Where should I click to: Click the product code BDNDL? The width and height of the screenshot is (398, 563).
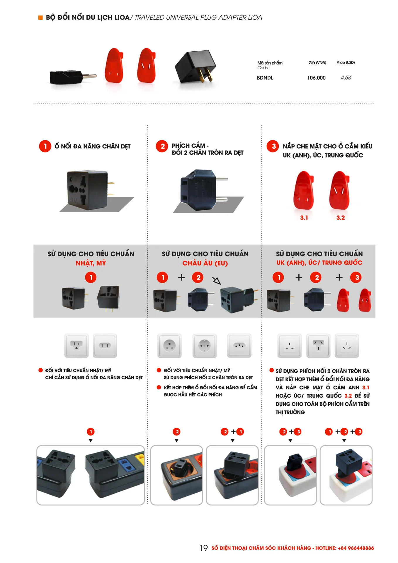point(265,78)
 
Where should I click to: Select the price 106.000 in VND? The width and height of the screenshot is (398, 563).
point(316,78)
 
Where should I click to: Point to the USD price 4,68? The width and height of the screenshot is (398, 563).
point(346,78)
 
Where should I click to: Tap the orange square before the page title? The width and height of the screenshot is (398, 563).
point(40,18)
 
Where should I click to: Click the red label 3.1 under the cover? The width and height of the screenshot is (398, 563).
point(304,218)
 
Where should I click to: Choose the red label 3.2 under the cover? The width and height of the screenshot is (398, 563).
point(341,218)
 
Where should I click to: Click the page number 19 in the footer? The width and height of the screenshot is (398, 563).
point(204,548)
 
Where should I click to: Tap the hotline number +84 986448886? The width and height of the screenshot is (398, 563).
point(356,548)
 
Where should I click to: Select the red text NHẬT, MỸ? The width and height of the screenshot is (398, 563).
point(91,263)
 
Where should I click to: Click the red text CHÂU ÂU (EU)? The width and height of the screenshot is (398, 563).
point(205,263)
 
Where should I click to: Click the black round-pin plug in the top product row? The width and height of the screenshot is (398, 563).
point(73,77)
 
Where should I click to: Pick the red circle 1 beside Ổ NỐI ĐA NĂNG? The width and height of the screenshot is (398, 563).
point(45,146)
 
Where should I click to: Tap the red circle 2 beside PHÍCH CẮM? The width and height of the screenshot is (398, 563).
point(162,146)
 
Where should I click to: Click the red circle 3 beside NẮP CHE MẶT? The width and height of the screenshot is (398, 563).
point(273,146)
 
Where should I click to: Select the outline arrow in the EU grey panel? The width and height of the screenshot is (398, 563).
point(217,281)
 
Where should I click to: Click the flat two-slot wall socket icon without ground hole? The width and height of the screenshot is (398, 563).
point(105,345)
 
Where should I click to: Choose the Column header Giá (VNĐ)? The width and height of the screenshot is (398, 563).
point(317,62)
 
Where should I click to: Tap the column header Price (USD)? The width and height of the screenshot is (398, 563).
point(346,62)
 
